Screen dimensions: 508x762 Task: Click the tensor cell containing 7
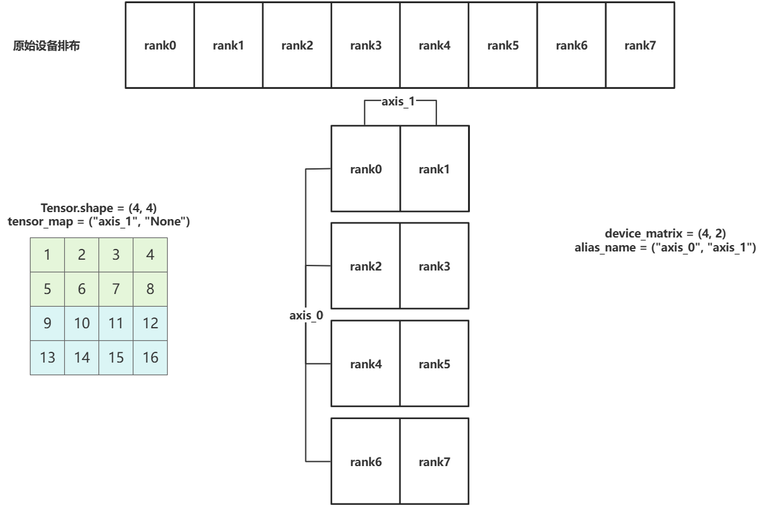[x=116, y=288]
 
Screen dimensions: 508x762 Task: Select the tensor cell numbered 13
[x=48, y=357]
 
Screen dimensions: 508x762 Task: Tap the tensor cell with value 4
[x=150, y=254]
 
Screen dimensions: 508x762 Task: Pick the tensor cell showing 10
[x=82, y=323]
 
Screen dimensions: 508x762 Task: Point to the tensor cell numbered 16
[x=150, y=357]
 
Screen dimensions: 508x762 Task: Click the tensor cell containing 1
[x=48, y=254]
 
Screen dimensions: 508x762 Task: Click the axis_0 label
[x=306, y=316]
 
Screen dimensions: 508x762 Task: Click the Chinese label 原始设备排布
[x=47, y=46]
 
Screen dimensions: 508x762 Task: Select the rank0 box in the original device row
[x=159, y=45]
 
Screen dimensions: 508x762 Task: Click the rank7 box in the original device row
[x=640, y=45]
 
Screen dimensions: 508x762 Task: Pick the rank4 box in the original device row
[x=434, y=45]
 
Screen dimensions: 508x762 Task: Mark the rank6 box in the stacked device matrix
[x=366, y=461]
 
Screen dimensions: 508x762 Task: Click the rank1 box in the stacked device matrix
[x=434, y=169]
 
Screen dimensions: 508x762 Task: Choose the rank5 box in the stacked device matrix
[x=434, y=364]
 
